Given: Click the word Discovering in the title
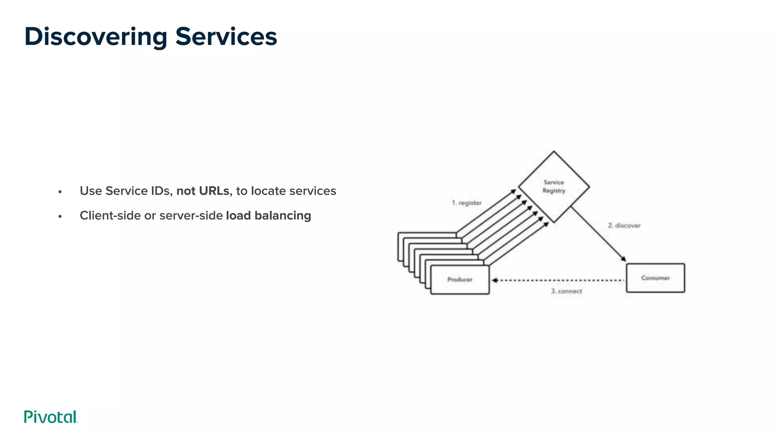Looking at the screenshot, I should coord(96,37).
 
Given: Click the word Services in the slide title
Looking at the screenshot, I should coord(226,37).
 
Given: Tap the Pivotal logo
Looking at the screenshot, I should coord(51,417).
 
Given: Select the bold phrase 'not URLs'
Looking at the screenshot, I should coord(203,191).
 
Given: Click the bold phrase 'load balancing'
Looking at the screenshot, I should coord(268,216).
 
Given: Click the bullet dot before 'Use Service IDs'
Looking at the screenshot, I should coord(60,192).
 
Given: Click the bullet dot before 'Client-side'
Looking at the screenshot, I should coord(60,217).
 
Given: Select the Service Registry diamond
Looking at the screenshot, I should coord(554,187).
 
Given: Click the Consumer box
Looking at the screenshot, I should coord(655,278).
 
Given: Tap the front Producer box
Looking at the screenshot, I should coord(460,280).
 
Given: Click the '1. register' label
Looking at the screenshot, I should coord(467,203).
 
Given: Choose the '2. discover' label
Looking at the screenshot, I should coord(624,225).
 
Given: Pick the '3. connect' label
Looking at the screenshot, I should coord(567,291).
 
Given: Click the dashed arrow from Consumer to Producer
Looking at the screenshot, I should coord(559,280).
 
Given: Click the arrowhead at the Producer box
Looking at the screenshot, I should coord(494,280).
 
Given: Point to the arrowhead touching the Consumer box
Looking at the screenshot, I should coord(623,259).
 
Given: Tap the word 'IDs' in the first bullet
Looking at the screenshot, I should coord(161,191).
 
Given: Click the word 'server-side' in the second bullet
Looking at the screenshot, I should coord(191,216).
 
